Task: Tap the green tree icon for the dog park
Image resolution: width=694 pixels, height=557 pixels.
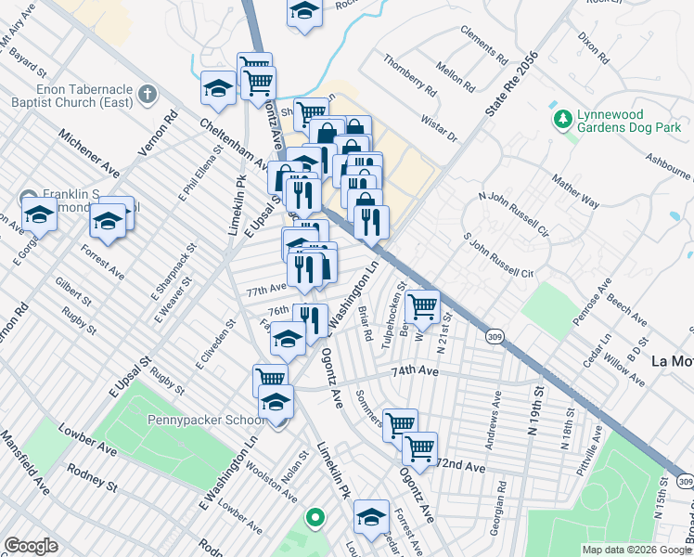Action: tap(561, 120)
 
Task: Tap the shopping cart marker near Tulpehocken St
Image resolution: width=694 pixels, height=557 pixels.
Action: tap(422, 306)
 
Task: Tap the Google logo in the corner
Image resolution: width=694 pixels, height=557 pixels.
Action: tap(31, 546)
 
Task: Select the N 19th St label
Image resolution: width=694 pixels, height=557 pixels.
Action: tap(534, 418)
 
